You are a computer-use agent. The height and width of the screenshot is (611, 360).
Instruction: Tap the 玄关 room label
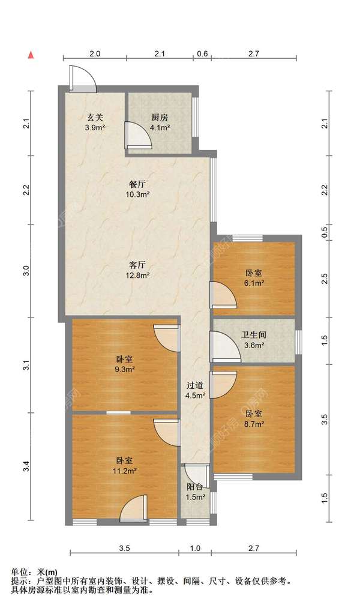(95, 122)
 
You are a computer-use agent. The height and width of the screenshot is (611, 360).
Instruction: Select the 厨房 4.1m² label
(160, 122)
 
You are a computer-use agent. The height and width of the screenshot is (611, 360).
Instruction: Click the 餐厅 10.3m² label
(138, 188)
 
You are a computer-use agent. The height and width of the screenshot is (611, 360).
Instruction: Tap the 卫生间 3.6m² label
(254, 339)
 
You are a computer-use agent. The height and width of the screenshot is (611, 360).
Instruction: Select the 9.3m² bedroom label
(125, 364)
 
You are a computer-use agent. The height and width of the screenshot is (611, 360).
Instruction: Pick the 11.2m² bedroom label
(125, 465)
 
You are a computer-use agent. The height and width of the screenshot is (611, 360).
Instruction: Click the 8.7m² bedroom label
(254, 418)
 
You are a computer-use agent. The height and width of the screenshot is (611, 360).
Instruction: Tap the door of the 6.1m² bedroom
(223, 295)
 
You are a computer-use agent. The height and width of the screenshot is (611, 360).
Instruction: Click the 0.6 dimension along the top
(202, 54)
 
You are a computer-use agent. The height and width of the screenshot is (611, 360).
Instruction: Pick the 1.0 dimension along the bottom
(195, 548)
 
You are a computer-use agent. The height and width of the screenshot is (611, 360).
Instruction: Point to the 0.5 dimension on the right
(325, 233)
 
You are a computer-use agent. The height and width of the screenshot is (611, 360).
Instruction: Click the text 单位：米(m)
(34, 573)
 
